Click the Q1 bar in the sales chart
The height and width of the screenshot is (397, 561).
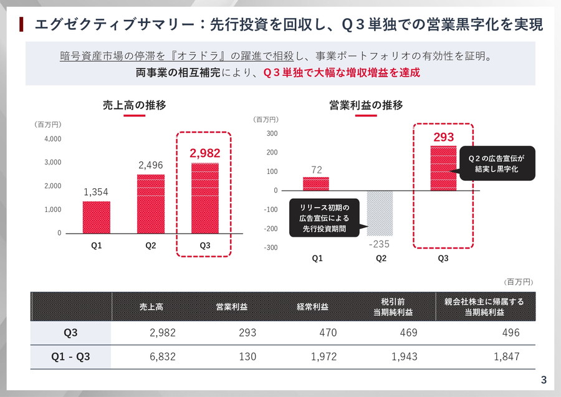tap(96, 217)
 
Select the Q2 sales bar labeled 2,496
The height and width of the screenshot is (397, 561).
tap(151, 204)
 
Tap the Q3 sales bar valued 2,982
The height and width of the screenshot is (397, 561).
tap(205, 198)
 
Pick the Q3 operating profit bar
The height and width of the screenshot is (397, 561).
tap(443, 168)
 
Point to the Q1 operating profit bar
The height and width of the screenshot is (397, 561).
tap(315, 184)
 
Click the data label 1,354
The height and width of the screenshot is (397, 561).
tap(96, 193)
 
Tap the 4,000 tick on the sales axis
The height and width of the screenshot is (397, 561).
tap(53, 138)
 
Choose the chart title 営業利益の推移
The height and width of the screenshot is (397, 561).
tap(366, 105)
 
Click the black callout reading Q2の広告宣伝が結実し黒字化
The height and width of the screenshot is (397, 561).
tap(497, 163)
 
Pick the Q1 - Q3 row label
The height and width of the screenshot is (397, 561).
tap(70, 356)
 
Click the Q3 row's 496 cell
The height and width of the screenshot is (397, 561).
tap(511, 333)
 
